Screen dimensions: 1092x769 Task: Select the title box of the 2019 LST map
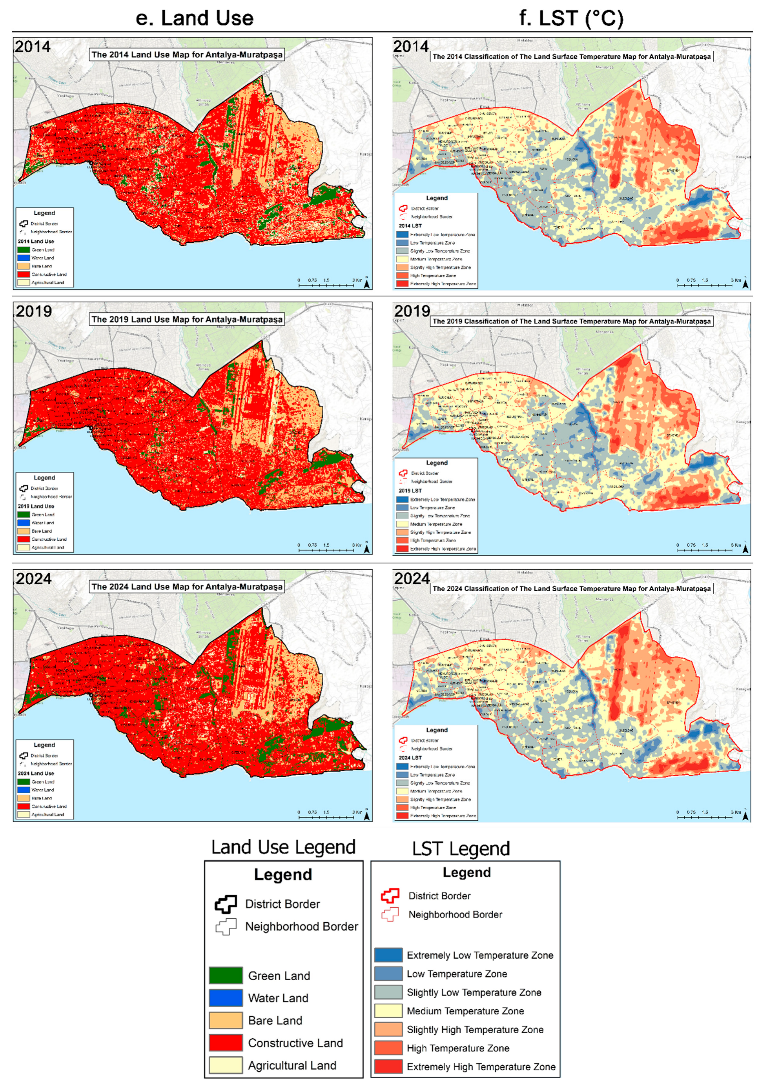click(x=572, y=322)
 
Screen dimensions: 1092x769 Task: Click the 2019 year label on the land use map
click(x=33, y=312)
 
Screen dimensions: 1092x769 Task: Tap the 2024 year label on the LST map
click(x=412, y=579)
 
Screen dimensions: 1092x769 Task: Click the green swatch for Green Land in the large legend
click(x=226, y=976)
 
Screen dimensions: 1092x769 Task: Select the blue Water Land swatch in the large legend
click(x=226, y=998)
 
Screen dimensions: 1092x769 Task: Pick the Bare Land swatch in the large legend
click(x=226, y=1020)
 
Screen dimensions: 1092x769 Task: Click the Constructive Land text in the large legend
click(x=295, y=1043)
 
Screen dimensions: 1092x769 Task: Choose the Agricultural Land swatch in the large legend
click(x=226, y=1065)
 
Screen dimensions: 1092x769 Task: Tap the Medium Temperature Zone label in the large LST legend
click(x=465, y=1011)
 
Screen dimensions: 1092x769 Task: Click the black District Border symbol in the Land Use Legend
click(x=226, y=904)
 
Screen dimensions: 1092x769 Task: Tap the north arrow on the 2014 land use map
click(x=366, y=283)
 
